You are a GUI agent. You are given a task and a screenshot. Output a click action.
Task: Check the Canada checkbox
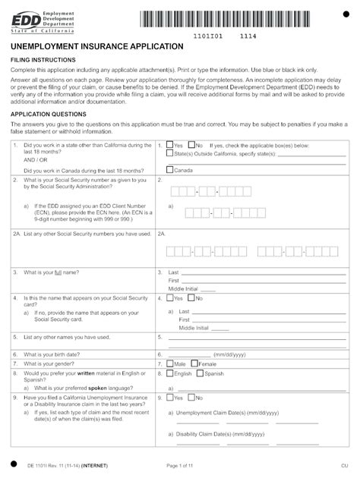170,170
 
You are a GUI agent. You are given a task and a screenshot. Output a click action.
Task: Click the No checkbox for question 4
192,298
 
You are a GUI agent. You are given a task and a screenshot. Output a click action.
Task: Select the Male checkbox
170,363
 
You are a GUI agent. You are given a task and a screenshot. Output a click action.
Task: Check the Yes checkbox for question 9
170,397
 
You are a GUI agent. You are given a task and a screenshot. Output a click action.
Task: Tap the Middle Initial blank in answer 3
208,291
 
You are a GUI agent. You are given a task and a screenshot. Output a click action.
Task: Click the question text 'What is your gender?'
54,364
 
